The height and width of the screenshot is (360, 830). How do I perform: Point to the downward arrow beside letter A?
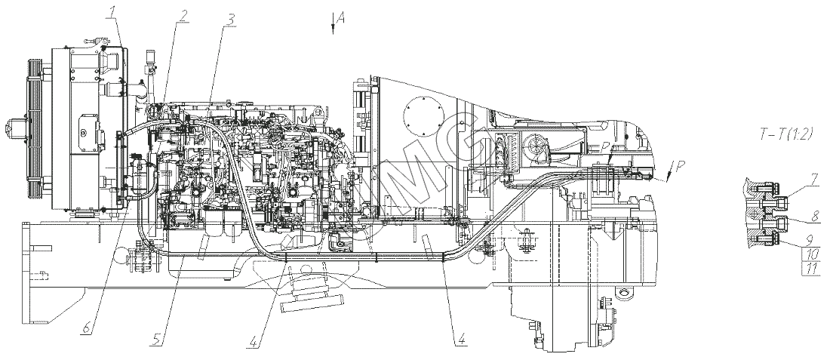[332, 24]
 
